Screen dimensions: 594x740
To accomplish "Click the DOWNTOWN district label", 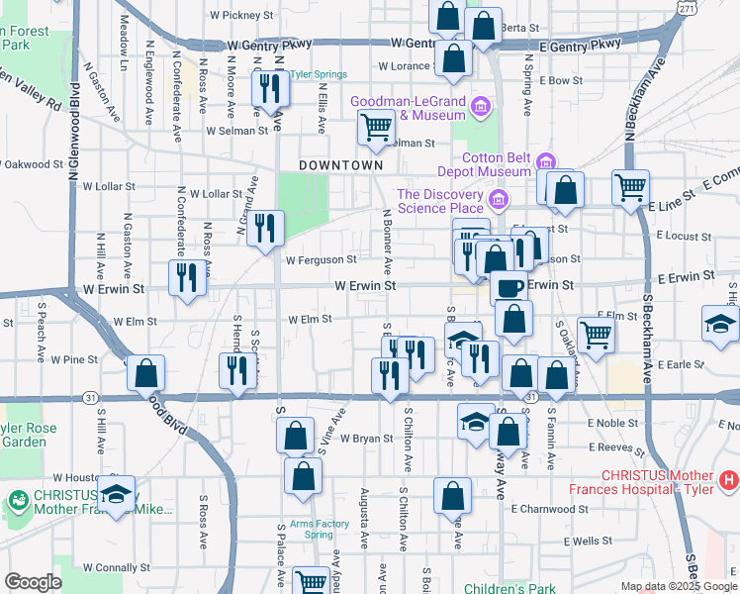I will click(340, 164).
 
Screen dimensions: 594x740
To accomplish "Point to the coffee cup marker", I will click(509, 287).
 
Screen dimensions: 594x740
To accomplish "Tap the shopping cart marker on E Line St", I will click(630, 186).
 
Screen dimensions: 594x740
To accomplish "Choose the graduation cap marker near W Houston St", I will click(117, 493).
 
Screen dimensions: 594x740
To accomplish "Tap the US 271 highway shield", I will click(688, 7).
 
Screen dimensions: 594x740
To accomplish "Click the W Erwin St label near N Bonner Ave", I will click(365, 285).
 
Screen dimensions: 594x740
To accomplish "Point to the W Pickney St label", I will click(241, 16).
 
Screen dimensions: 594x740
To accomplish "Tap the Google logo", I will click(32, 582).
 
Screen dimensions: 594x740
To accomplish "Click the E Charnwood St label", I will click(550, 509).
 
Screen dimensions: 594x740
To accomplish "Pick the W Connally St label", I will click(116, 567).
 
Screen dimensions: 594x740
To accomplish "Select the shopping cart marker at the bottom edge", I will click(312, 582).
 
